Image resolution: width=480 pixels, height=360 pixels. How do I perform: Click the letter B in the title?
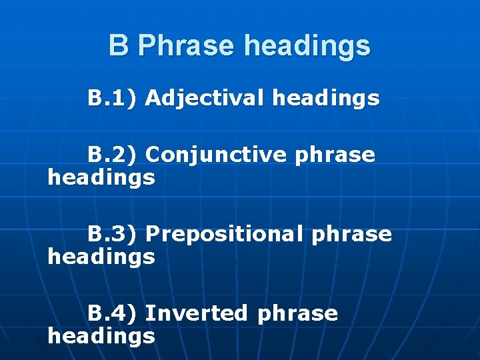coord(118,46)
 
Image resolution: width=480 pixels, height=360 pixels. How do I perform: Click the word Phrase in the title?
coord(187,46)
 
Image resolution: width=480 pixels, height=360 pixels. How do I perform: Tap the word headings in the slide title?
coord(307,46)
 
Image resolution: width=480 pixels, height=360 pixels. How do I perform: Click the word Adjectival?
coord(205,99)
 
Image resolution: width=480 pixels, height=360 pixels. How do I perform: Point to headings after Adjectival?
coord(326,99)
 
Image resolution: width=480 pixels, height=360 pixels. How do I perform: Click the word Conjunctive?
coord(216,155)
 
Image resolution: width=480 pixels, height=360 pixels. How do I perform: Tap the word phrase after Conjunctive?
coord(335,156)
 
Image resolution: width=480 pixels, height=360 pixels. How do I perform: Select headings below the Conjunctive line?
coord(101,178)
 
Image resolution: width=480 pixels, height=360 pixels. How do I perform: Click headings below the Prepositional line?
coord(101,257)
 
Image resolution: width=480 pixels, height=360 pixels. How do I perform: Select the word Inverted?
coord(196,313)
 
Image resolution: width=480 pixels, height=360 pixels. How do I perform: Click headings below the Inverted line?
coord(101,335)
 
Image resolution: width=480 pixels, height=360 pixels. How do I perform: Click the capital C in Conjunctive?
coord(153,155)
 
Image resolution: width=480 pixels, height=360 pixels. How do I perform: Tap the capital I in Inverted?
coord(149,313)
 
